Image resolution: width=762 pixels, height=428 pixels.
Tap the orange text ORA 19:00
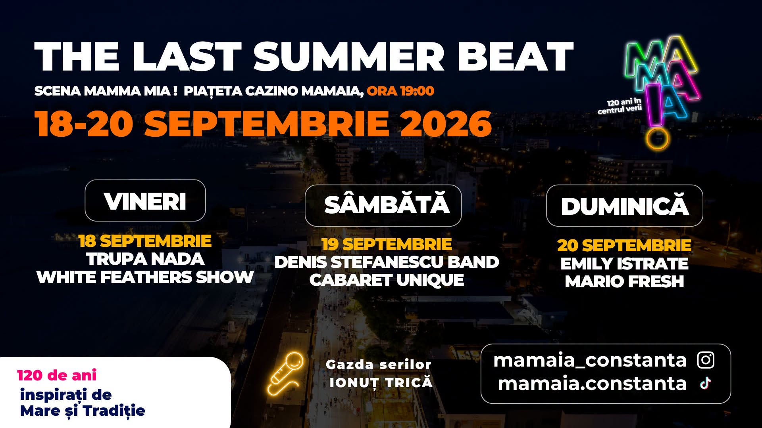[400, 91]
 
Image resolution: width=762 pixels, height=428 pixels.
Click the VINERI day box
[145, 201]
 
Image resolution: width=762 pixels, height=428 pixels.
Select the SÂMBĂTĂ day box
[383, 205]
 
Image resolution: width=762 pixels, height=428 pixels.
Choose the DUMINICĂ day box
[625, 205]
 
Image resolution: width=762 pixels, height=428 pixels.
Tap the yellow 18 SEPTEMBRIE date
[145, 241]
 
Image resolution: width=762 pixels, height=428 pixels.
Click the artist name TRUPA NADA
[145, 259]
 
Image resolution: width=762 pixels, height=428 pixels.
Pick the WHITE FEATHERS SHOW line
[145, 277]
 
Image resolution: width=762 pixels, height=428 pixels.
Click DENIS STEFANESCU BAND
[387, 262]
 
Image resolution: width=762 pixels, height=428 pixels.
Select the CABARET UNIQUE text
[387, 280]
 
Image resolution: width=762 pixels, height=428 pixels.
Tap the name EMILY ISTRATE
[624, 264]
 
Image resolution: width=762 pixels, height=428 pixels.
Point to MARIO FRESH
[624, 282]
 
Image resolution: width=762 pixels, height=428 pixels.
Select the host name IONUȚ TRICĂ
[381, 383]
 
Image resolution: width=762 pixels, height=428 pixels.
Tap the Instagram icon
[706, 360]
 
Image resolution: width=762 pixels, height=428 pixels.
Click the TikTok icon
[705, 383]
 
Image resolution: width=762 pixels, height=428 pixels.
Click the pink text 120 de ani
[57, 375]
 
